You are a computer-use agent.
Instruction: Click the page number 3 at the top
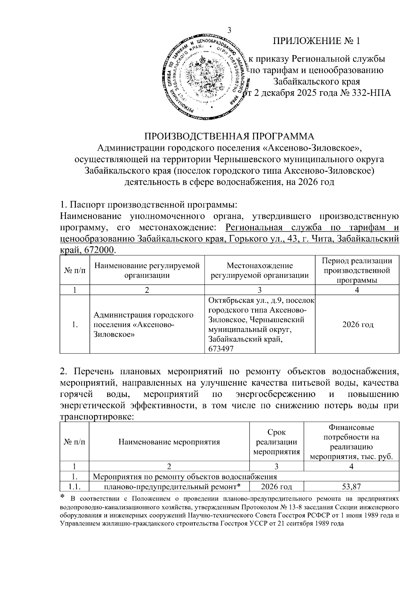tap(229, 30)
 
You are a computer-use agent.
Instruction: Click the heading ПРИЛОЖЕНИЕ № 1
tap(316, 41)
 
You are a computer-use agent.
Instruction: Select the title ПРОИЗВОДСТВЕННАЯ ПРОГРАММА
tap(229, 136)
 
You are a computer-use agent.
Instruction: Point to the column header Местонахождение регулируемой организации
tap(260, 270)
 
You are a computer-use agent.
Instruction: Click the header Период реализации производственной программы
tap(357, 270)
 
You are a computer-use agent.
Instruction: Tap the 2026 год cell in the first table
tap(358, 324)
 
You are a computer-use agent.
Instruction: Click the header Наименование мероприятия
tap(169, 442)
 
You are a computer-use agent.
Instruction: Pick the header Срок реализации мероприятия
tap(276, 442)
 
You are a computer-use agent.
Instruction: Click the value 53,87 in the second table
tap(351, 486)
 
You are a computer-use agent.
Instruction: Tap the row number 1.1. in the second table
tap(74, 486)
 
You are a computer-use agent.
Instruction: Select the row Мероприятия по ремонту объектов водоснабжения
tap(185, 476)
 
